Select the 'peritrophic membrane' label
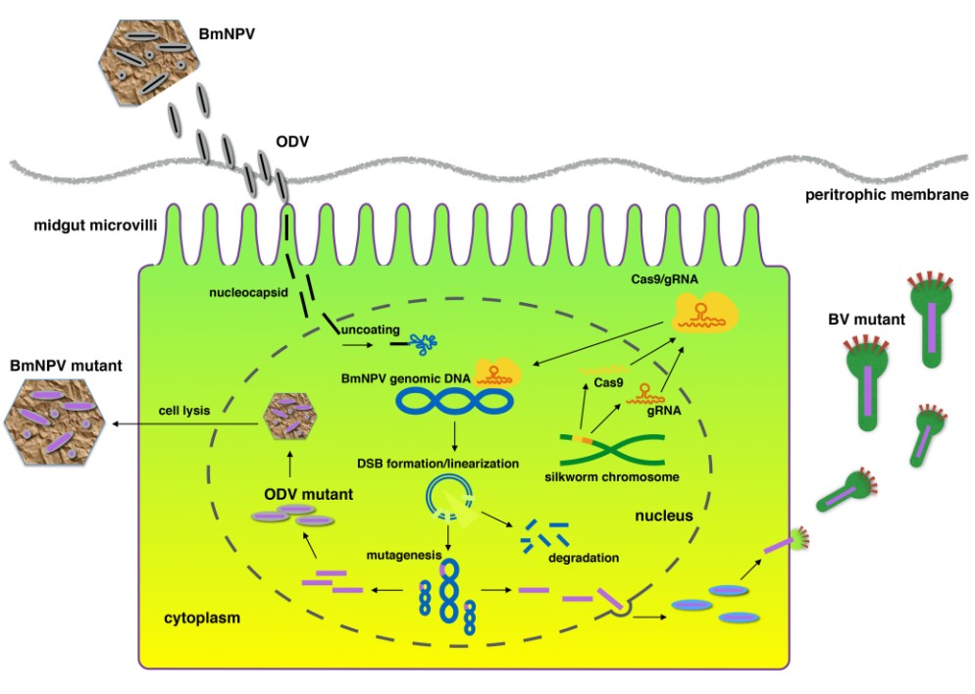(x=887, y=195)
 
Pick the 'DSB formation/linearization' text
(x=451, y=462)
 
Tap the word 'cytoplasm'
(x=202, y=620)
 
